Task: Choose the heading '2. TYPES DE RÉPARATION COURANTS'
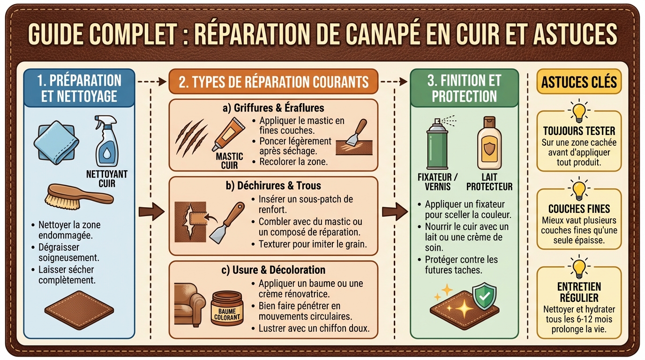pyautogui.click(x=273, y=82)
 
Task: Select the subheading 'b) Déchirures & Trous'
pyautogui.click(x=273, y=186)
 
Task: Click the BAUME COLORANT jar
pyautogui.click(x=226, y=307)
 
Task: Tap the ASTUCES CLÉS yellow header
pyautogui.click(x=579, y=82)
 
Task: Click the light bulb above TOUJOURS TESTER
pyautogui.click(x=579, y=111)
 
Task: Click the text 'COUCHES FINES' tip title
pyautogui.click(x=579, y=209)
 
